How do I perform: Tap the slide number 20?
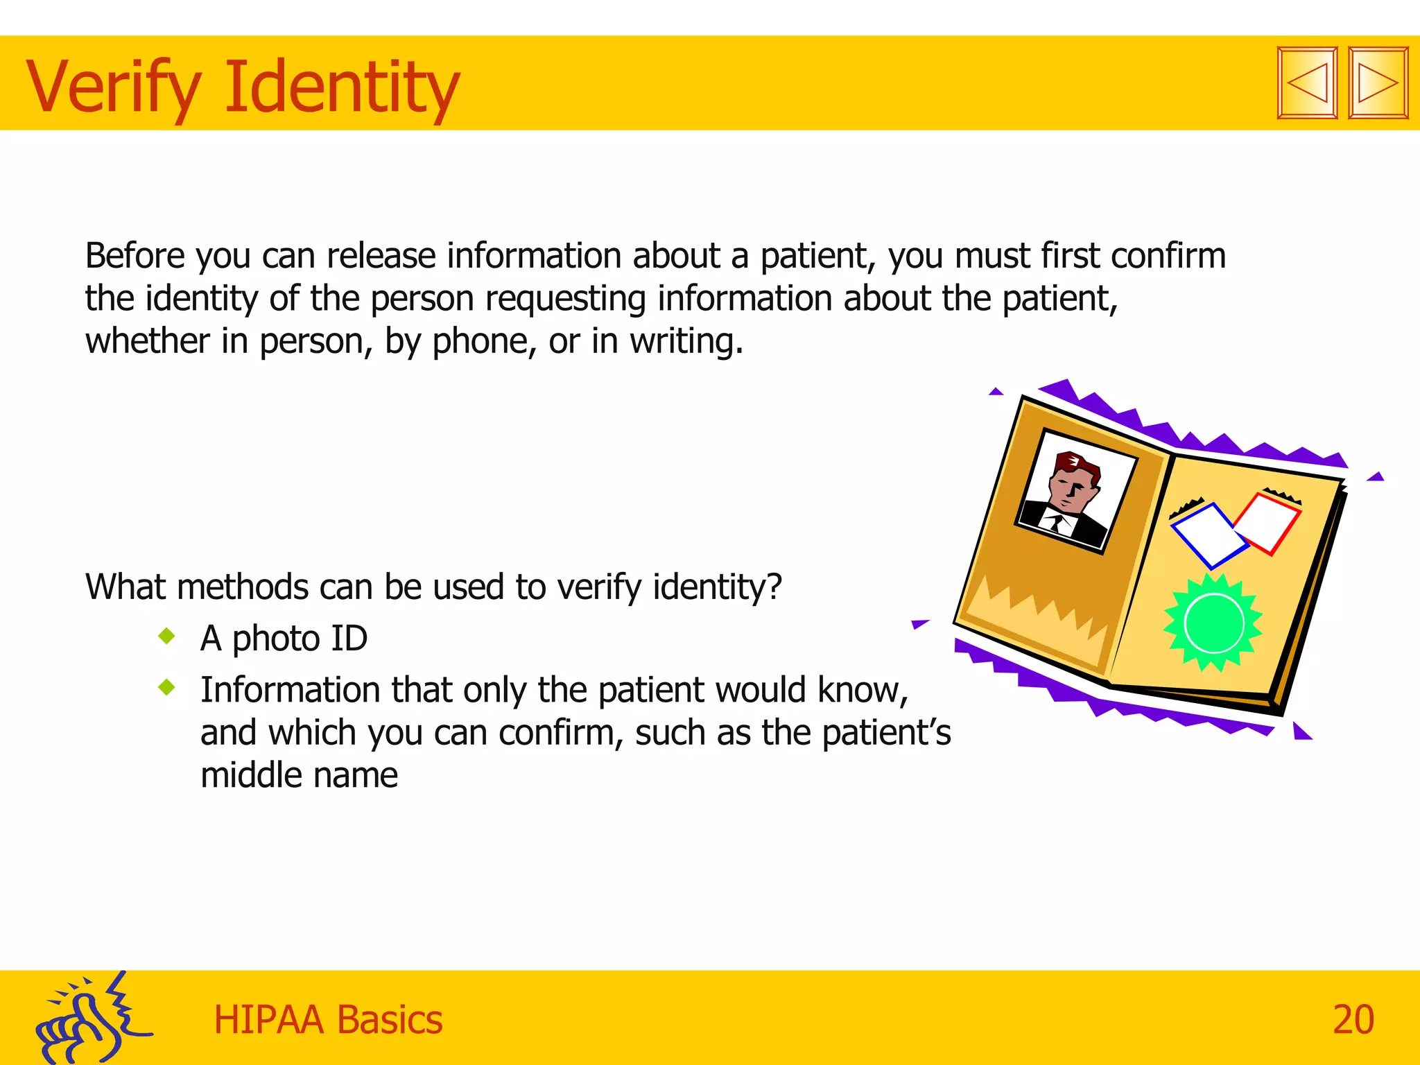click(x=1353, y=1019)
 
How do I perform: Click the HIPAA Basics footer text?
click(x=328, y=1020)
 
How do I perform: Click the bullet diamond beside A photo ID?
click(x=166, y=635)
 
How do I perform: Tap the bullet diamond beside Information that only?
click(x=166, y=687)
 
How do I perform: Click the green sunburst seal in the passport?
click(x=1213, y=622)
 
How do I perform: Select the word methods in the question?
click(x=242, y=587)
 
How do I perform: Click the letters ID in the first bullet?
click(x=349, y=638)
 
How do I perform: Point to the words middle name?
click(x=299, y=775)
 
